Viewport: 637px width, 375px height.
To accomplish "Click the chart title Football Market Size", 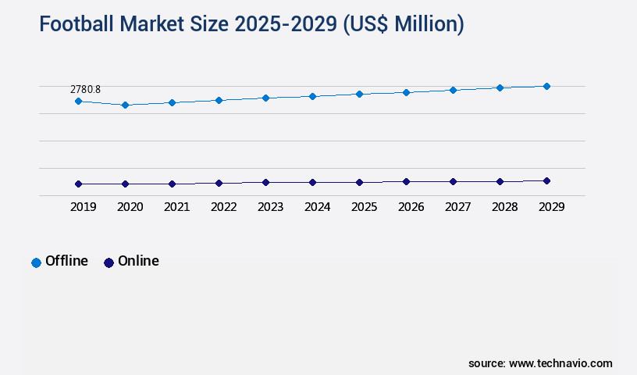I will click(251, 24).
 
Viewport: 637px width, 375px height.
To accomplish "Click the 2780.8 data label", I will click(85, 89).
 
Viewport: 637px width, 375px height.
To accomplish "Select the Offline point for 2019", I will click(78, 102).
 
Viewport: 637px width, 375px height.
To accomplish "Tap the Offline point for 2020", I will click(125, 105).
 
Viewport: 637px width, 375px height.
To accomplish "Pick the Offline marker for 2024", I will click(312, 96).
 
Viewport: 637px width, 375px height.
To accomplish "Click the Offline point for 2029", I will click(546, 86).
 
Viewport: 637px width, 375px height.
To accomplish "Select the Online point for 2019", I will click(78, 184).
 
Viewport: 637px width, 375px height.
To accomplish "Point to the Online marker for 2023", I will click(265, 183).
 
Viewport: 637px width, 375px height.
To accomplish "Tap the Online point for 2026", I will click(406, 182).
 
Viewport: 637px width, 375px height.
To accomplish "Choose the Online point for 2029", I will click(546, 181).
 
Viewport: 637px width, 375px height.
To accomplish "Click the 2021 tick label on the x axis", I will click(176, 207).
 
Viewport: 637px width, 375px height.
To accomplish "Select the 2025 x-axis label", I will click(364, 207).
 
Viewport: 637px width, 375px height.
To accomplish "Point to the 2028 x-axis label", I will click(504, 207).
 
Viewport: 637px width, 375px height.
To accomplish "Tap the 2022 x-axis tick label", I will click(223, 207).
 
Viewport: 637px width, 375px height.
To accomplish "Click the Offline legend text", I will click(66, 261).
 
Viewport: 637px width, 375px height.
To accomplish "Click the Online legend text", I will click(138, 261).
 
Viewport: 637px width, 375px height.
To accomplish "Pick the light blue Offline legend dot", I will click(36, 262).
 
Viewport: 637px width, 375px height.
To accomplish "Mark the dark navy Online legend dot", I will click(109, 262).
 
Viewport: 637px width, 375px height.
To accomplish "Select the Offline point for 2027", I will click(453, 91).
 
